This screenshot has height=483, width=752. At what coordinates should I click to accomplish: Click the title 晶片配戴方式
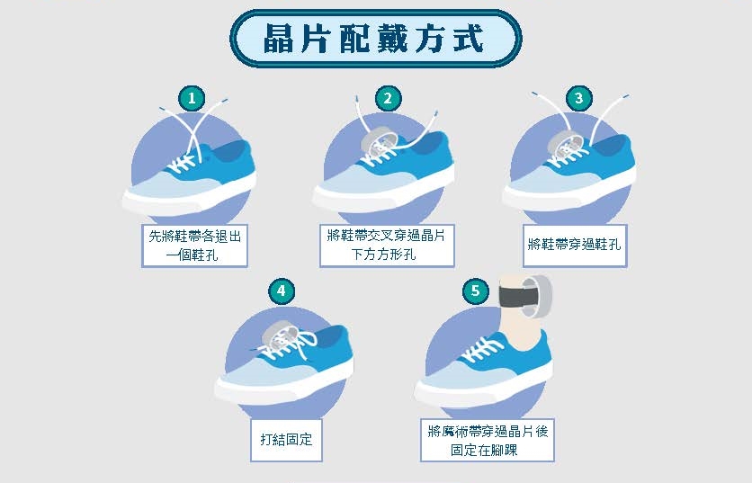coord(373,39)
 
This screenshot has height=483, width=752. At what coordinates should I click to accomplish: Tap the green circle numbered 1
coord(192,98)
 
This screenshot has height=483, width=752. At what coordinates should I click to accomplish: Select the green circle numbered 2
coord(388,98)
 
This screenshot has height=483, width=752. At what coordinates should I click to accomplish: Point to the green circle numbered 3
coord(579,98)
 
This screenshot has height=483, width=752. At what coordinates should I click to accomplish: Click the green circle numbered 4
coord(281,291)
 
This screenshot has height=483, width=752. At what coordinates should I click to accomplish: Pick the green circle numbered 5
coord(475,291)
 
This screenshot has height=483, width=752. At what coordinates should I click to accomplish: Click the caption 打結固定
coord(286,439)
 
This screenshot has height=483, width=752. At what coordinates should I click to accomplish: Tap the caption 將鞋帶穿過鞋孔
coord(574,245)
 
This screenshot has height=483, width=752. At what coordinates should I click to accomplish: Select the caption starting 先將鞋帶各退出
coord(194,245)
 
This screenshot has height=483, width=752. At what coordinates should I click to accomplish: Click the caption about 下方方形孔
coord(386,245)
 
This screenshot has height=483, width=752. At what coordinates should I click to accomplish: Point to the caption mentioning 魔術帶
coord(488,441)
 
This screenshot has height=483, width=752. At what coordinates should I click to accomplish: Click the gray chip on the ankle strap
coord(538,296)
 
